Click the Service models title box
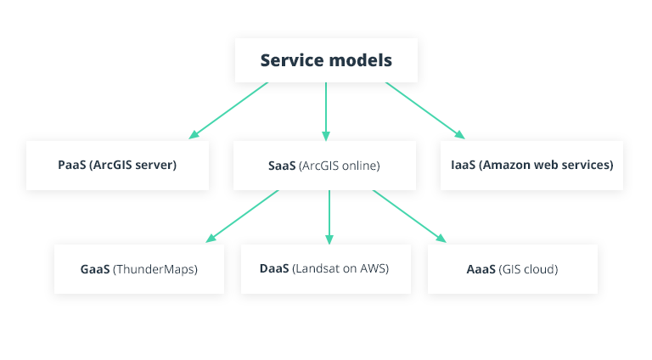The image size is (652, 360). [x=326, y=60]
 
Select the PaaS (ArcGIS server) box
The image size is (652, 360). [x=117, y=165]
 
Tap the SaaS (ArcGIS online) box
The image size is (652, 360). [x=324, y=165]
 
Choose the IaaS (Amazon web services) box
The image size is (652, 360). [x=531, y=165]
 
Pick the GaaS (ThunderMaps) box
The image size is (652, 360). [x=139, y=269]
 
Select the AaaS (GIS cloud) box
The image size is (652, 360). [x=512, y=269]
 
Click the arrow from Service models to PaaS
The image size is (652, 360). [x=229, y=110]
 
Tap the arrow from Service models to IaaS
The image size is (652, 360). [x=424, y=110]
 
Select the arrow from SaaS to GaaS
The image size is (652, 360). [x=243, y=217]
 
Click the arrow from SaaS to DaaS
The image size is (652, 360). [x=329, y=217]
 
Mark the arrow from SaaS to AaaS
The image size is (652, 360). [x=408, y=217]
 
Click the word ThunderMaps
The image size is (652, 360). [x=155, y=270]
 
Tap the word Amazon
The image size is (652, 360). [x=509, y=166]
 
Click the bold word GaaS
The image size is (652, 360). [x=95, y=270]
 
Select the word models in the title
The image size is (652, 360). [x=357, y=60]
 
